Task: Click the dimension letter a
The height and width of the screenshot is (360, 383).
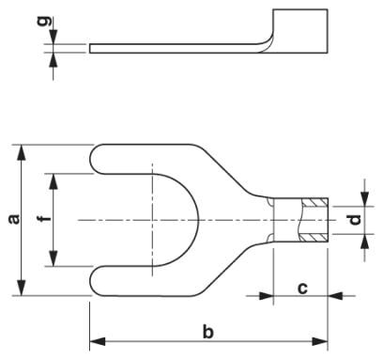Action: [x=14, y=220]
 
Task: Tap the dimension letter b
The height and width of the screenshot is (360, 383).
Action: [x=207, y=332]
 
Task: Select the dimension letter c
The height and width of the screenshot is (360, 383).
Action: [x=302, y=289]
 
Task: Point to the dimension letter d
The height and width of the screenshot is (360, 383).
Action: [x=355, y=220]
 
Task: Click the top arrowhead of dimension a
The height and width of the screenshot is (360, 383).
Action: [x=22, y=152]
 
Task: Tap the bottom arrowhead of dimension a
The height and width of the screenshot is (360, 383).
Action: [x=22, y=288]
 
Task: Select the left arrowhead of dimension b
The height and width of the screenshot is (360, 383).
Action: [x=98, y=341]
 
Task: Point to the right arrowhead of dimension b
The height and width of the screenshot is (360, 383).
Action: [x=320, y=341]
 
